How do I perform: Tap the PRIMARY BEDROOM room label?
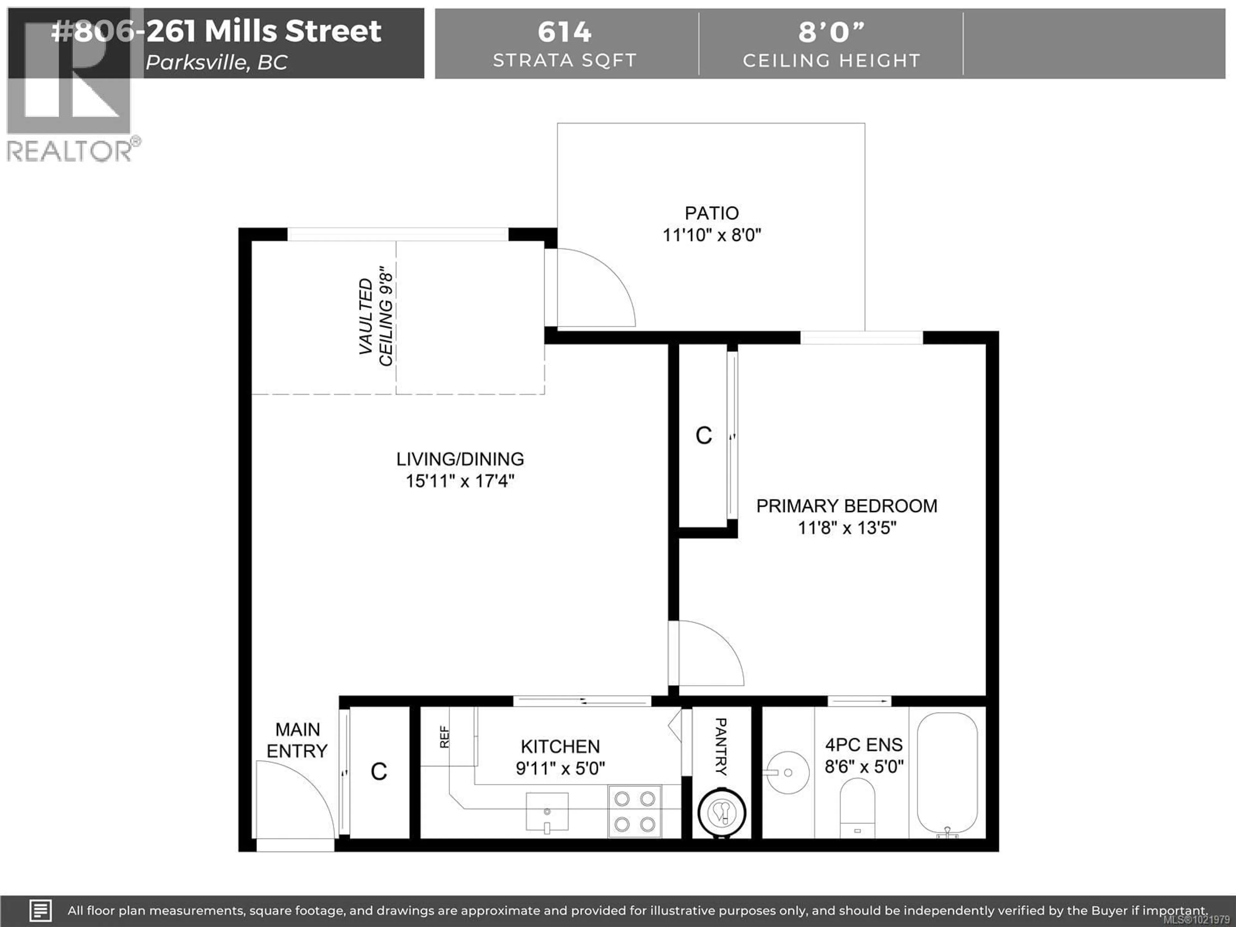847,506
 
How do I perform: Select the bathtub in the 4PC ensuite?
947,773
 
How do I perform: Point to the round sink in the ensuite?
786,773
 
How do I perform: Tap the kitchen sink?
547,811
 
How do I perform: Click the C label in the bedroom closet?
704,436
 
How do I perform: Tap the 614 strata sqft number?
564,32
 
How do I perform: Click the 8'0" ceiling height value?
831,32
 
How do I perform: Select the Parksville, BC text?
217,62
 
